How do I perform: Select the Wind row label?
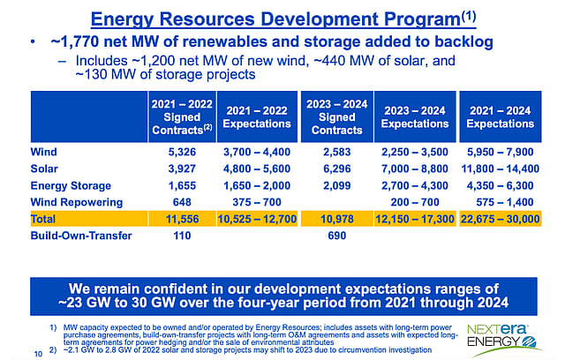coord(45,152)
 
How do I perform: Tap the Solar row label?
coord(46,169)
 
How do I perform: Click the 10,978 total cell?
coord(333,219)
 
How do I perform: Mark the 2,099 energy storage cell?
coord(333,185)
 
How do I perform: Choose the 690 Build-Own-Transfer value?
coord(333,236)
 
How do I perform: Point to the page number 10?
coord(37,354)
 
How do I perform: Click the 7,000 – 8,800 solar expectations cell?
coord(413,169)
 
